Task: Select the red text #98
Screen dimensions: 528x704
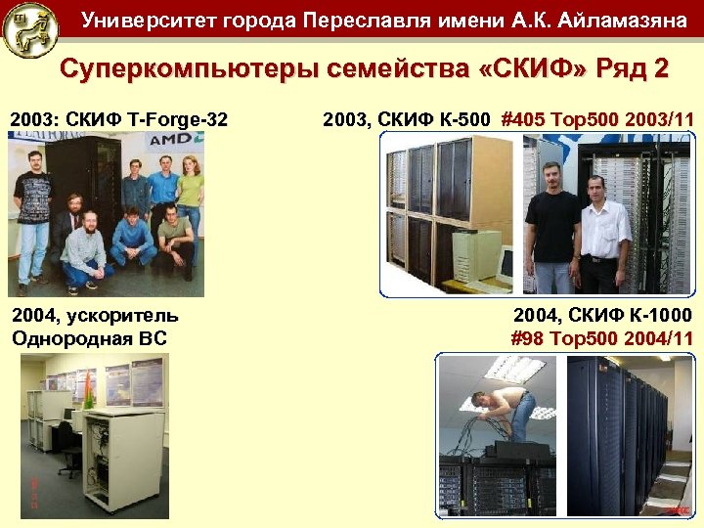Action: click(x=530, y=338)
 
